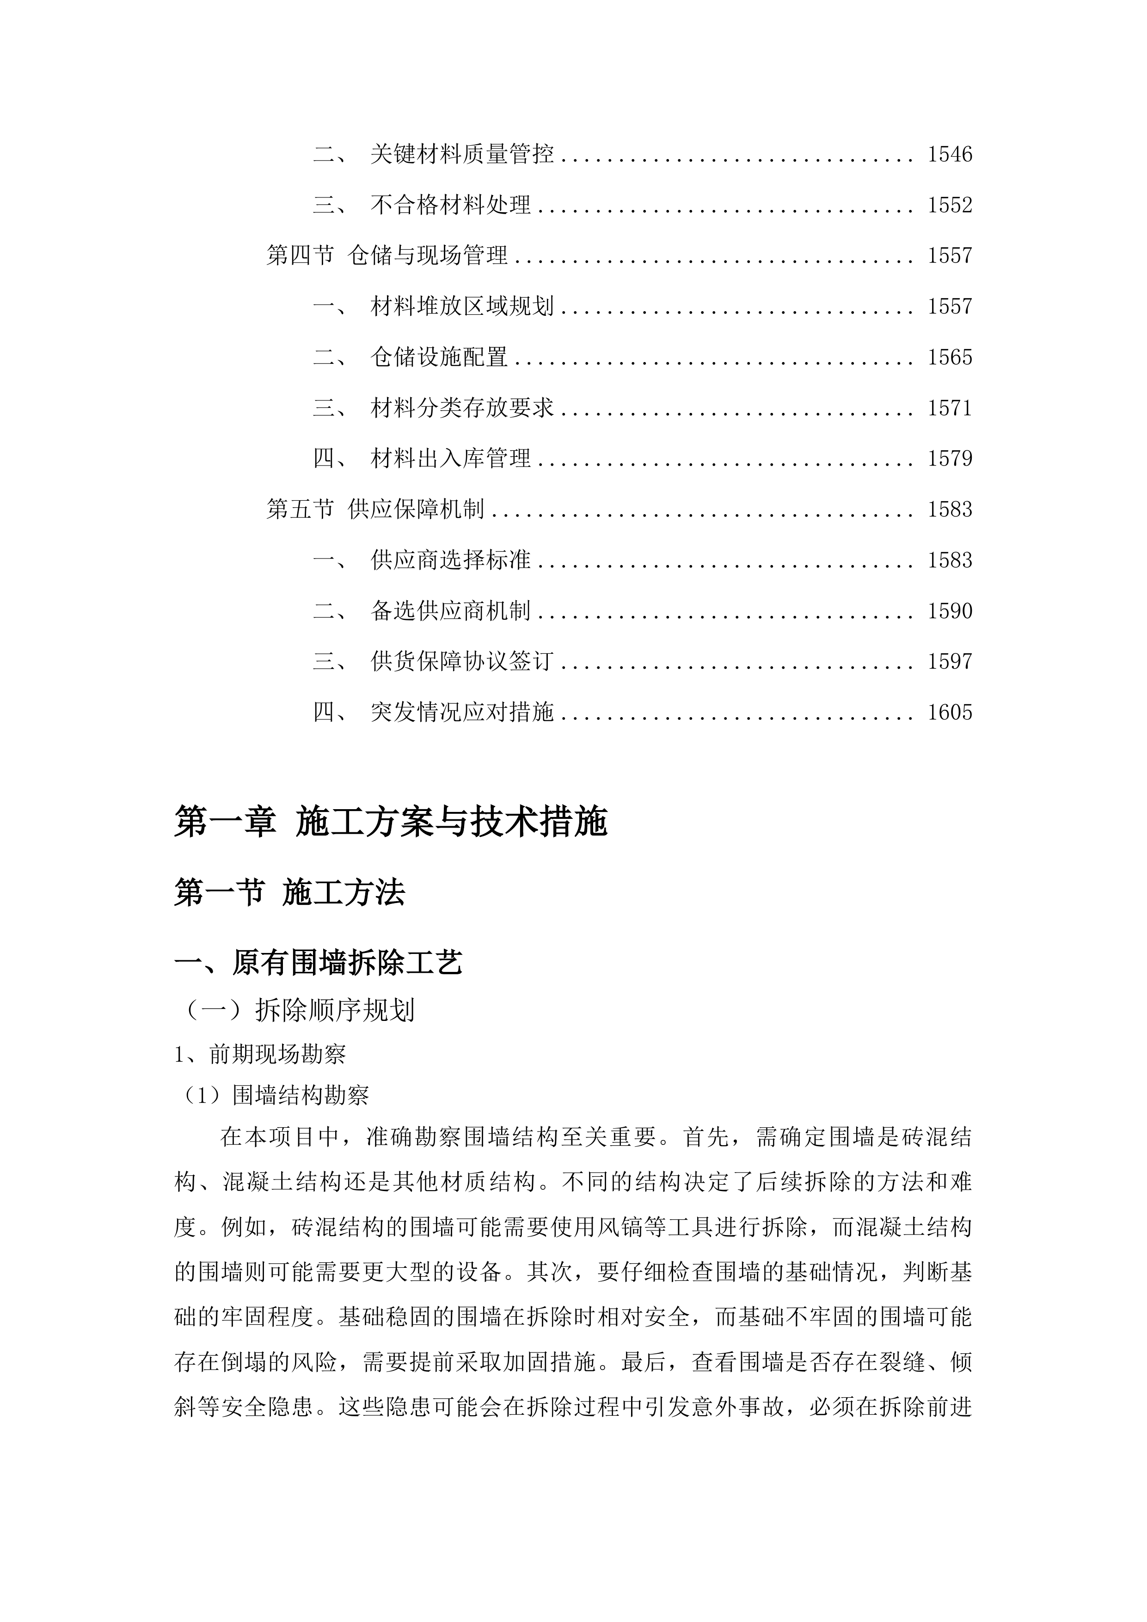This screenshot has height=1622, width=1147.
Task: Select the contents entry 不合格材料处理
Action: coord(451,205)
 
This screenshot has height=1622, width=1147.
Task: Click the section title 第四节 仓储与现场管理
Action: coord(387,255)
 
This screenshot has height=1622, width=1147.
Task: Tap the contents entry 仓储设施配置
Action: coord(439,357)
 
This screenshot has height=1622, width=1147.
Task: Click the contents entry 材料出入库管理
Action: coord(451,459)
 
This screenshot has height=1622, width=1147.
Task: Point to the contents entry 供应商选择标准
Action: coord(451,560)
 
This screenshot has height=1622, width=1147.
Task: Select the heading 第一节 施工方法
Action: coord(289,894)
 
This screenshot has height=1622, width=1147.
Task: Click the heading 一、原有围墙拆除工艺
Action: coord(319,963)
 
